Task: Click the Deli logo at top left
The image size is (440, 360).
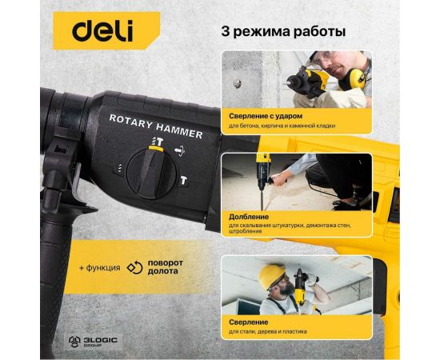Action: tap(103, 31)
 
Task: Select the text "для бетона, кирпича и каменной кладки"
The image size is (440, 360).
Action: tap(279, 126)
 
